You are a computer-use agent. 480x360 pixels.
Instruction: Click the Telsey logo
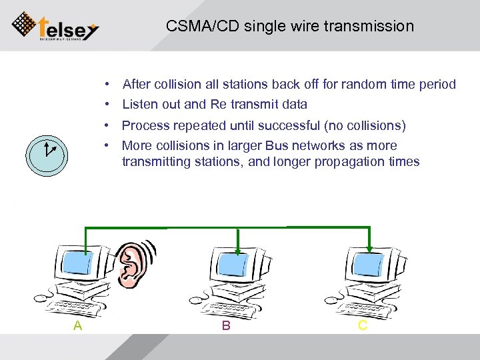(56, 26)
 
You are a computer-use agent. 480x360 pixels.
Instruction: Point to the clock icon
(46, 152)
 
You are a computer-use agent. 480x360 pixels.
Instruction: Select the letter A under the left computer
(78, 325)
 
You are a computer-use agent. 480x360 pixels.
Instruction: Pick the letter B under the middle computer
(226, 325)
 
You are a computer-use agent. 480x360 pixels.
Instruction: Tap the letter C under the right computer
(363, 325)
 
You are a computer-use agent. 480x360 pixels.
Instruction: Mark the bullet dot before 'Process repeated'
(107, 126)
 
